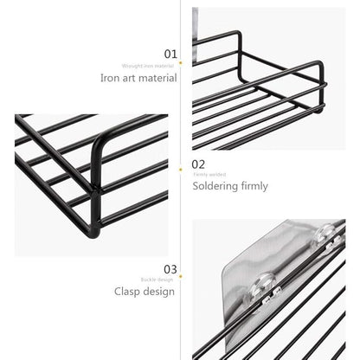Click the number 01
point(170,54)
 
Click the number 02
point(199,164)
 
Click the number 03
point(170,270)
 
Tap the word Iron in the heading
point(111,78)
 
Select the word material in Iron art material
point(158,78)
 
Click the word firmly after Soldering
point(254,186)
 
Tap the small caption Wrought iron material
point(147,65)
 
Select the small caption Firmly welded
point(209,175)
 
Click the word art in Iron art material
point(130,78)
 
